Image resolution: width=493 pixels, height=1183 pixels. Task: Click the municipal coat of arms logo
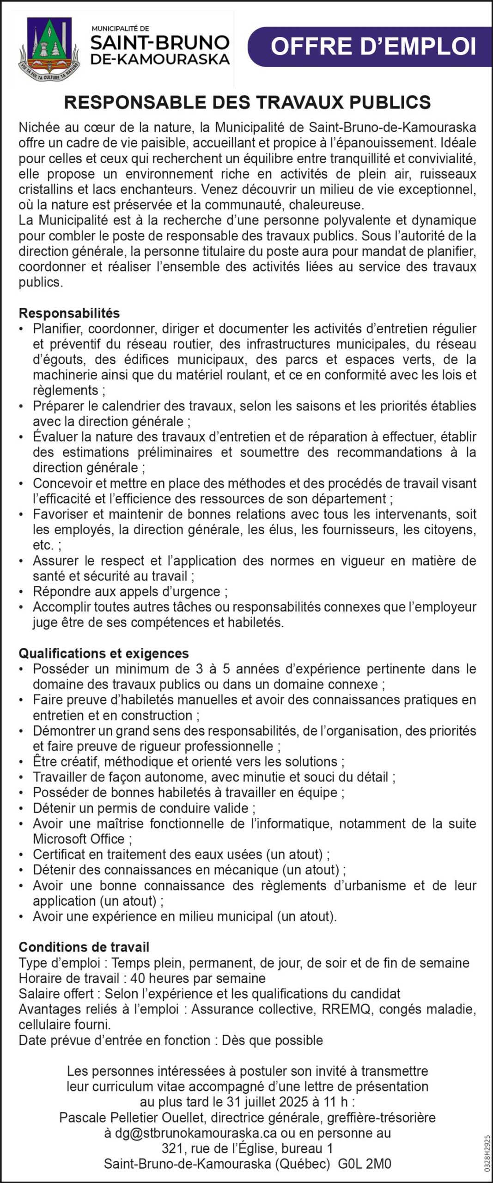click(49, 49)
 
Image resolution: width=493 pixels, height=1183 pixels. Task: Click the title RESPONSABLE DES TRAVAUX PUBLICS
click(247, 102)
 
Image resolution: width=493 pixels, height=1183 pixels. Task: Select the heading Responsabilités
click(69, 313)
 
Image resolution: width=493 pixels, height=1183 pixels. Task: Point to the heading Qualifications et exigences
click(103, 653)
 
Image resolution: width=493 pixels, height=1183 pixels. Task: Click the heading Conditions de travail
click(84, 947)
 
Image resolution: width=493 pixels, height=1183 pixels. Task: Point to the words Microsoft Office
click(79, 839)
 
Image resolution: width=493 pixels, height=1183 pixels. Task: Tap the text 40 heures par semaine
click(198, 978)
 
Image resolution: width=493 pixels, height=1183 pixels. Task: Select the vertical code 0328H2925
click(487, 1153)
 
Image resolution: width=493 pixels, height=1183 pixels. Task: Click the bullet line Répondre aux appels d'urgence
click(130, 591)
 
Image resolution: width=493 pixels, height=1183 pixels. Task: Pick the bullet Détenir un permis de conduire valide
click(144, 808)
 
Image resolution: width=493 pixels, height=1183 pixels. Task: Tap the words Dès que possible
click(272, 1040)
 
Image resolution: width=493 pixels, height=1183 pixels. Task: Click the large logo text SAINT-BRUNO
click(160, 43)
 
